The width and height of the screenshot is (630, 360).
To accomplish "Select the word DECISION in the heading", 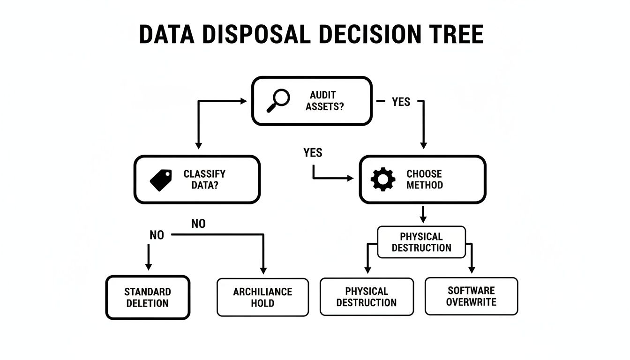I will coord(375,35).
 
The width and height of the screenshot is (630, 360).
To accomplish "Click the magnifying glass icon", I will coord(277,101).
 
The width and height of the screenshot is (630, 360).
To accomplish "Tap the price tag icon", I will coord(160,180).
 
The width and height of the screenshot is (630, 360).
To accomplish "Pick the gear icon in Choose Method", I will coord(383,180).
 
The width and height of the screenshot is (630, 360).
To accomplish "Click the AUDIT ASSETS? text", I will coord(324,101).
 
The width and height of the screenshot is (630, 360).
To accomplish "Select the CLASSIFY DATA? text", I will coord(204,180).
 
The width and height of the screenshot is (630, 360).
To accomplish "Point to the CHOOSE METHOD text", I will coord(424,180).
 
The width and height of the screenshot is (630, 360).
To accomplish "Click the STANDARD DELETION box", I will coord(148,297).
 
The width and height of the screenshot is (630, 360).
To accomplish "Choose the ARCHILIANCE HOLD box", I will coord(262,297).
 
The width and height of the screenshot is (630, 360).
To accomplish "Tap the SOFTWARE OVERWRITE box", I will coord(471,296).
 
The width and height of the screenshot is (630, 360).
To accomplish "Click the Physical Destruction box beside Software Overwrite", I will coord(367,297).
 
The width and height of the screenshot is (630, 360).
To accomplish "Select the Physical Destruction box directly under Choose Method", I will coord(421,242).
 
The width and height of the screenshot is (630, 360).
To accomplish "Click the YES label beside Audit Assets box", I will coord(401,102).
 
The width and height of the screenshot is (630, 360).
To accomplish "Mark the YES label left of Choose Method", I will coord(313,153).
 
